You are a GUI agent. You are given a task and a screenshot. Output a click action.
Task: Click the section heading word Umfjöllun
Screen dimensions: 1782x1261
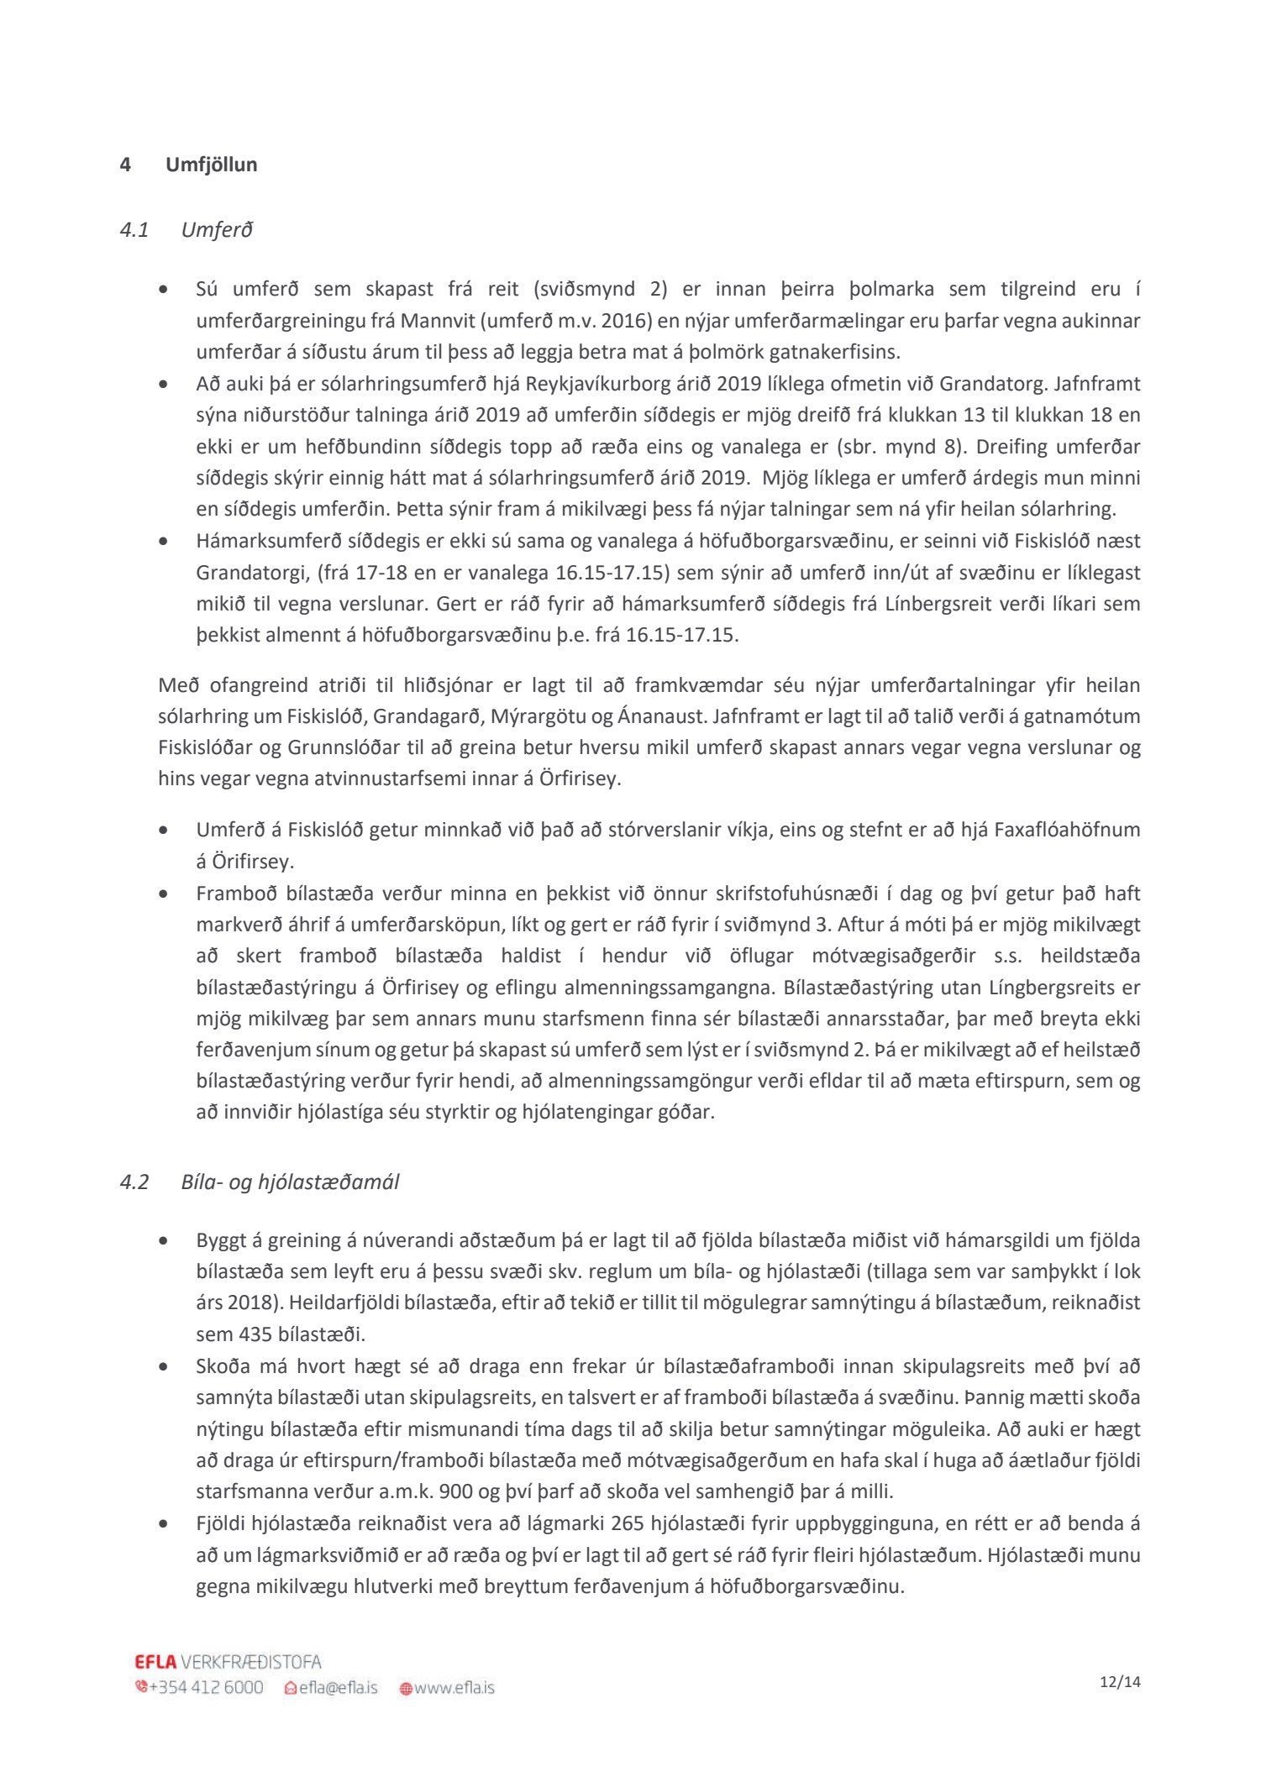tap(211, 165)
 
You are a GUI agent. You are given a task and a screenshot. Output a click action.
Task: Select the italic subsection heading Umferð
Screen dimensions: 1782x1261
tap(217, 230)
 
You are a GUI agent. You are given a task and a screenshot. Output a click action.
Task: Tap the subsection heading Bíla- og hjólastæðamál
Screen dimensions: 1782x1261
tap(290, 1182)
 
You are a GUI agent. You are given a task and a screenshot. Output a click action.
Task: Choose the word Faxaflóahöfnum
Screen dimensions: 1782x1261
tap(1067, 830)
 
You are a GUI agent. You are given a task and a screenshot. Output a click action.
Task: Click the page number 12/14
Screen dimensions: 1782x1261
tap(1121, 1682)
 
